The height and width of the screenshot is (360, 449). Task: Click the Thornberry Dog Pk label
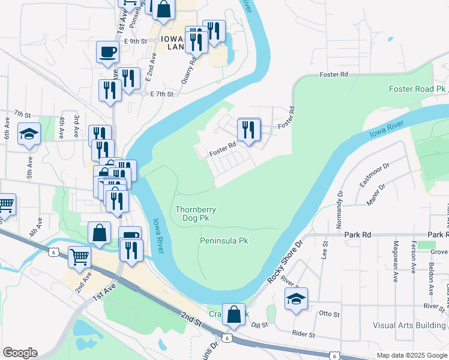point(196,214)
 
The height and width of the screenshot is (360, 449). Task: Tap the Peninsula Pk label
point(223,241)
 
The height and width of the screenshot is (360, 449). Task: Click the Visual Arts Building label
point(409,325)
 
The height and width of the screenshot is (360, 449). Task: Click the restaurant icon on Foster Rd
point(249,130)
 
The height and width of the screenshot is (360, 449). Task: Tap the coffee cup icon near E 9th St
point(107,52)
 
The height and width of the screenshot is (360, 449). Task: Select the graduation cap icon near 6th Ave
point(29,134)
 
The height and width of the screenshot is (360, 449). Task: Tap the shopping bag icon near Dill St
point(235,314)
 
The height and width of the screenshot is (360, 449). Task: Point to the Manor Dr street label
point(374,192)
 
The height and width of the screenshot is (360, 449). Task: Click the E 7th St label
point(161,94)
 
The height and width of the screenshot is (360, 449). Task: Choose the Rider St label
point(303,334)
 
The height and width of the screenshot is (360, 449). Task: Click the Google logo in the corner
point(20,352)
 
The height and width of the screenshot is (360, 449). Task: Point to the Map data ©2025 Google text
point(411,355)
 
